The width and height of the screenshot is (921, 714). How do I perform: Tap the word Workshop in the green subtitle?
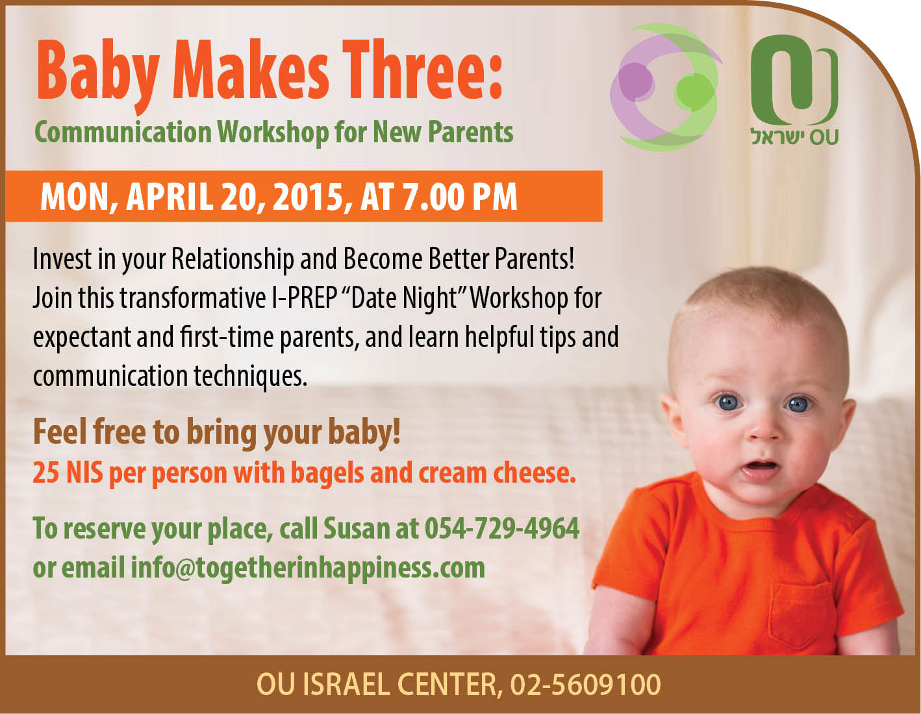click(275, 132)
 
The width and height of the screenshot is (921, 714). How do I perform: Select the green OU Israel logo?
click(794, 90)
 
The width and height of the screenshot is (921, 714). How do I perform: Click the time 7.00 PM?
click(460, 197)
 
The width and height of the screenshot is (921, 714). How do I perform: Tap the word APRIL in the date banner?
click(170, 197)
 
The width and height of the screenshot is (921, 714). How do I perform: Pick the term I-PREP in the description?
click(304, 298)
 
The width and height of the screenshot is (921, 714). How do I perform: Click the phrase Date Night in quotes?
click(403, 298)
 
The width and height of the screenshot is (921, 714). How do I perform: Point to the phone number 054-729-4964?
click(502, 528)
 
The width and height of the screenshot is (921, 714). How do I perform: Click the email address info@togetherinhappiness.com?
click(308, 568)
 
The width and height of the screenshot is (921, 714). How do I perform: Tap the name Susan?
click(357, 528)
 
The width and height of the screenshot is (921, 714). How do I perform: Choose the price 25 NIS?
click(68, 472)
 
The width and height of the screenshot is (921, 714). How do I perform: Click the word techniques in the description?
click(250, 376)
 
